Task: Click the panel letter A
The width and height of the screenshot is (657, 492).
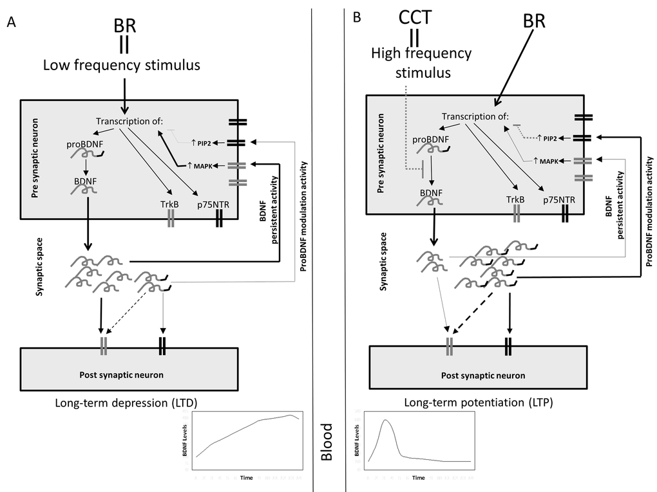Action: (x=11, y=23)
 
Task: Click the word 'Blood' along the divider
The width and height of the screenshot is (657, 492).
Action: (x=327, y=442)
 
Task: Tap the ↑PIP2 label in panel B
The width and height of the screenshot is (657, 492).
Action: (x=548, y=138)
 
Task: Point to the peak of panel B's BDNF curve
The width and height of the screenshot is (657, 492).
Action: (x=385, y=420)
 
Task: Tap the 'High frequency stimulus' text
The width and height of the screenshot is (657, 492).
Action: (x=421, y=63)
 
